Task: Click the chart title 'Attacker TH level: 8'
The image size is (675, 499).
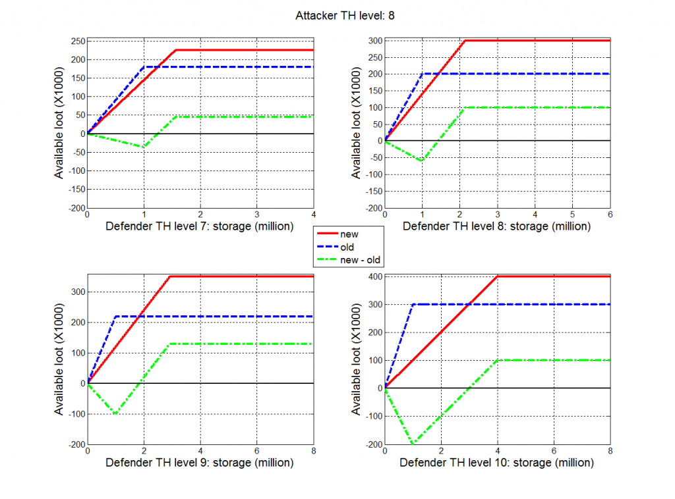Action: pyautogui.click(x=337, y=14)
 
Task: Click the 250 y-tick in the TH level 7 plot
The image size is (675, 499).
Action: pyautogui.click(x=76, y=41)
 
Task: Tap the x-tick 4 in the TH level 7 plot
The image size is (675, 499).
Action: pyautogui.click(x=313, y=215)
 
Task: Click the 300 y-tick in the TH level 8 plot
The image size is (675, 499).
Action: pyautogui.click(x=373, y=41)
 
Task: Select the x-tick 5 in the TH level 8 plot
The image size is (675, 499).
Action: pyautogui.click(x=572, y=215)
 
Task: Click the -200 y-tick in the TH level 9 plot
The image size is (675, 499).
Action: pyautogui.click(x=74, y=444)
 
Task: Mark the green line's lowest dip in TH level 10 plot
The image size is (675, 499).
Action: pyautogui.click(x=413, y=444)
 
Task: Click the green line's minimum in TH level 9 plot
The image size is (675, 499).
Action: pyautogui.click(x=116, y=414)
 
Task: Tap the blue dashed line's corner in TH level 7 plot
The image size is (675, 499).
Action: pyautogui.click(x=144, y=66)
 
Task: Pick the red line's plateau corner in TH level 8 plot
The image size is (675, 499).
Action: pyautogui.click(x=465, y=41)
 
